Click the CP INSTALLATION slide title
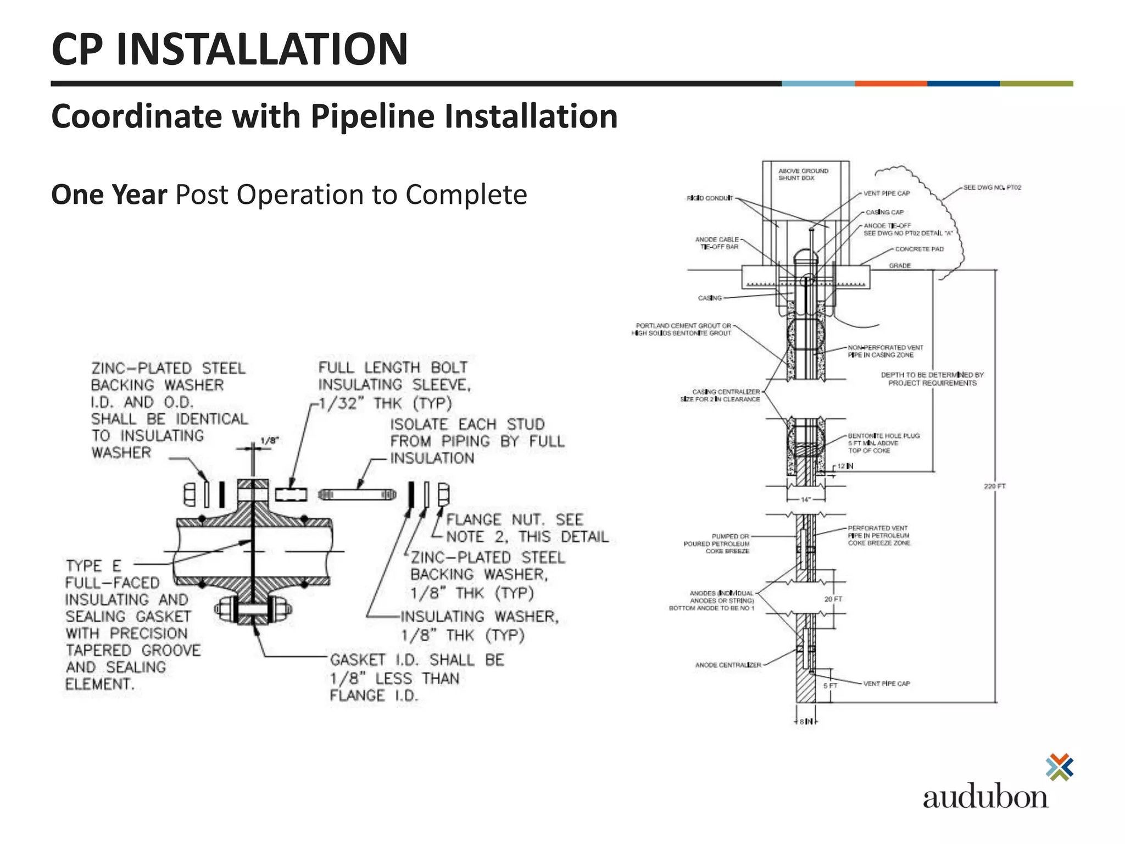tap(230, 49)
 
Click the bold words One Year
tap(109, 195)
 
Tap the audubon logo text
tap(985, 797)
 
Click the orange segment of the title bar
tap(890, 84)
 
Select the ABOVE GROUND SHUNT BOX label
tap(803, 175)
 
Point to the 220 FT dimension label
tap(994, 486)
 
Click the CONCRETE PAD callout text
tap(919, 249)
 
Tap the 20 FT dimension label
tap(833, 599)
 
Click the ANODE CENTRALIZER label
tap(728, 665)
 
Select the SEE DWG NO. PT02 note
tap(992, 187)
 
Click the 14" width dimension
tap(805, 500)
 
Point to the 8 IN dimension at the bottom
tap(806, 721)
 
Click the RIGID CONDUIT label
tap(709, 198)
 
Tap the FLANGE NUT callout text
tap(514, 520)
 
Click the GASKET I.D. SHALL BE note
tap(416, 660)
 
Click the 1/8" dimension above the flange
tap(269, 441)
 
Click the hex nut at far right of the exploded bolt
tap(443, 494)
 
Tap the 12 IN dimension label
tap(845, 466)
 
